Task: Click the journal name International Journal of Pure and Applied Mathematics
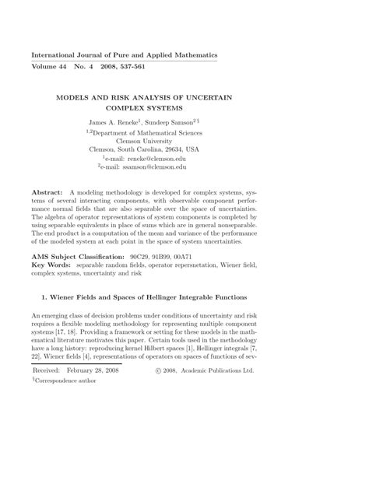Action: (125, 56)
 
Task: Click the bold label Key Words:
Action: (53, 265)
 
